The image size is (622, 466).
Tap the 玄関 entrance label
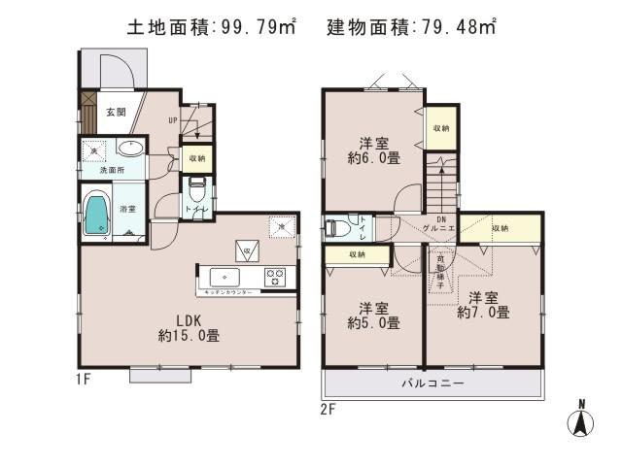point(116,113)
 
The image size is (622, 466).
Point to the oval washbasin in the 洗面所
point(131,149)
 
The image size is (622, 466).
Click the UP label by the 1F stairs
point(172,121)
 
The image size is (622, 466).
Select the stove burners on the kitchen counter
point(275,276)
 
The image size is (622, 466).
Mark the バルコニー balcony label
point(433,384)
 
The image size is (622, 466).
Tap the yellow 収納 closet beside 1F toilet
point(197,157)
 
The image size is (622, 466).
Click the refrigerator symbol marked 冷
point(248,250)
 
